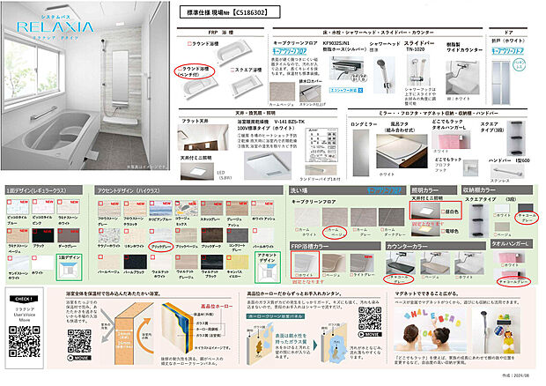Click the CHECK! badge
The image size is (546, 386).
[25, 300]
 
